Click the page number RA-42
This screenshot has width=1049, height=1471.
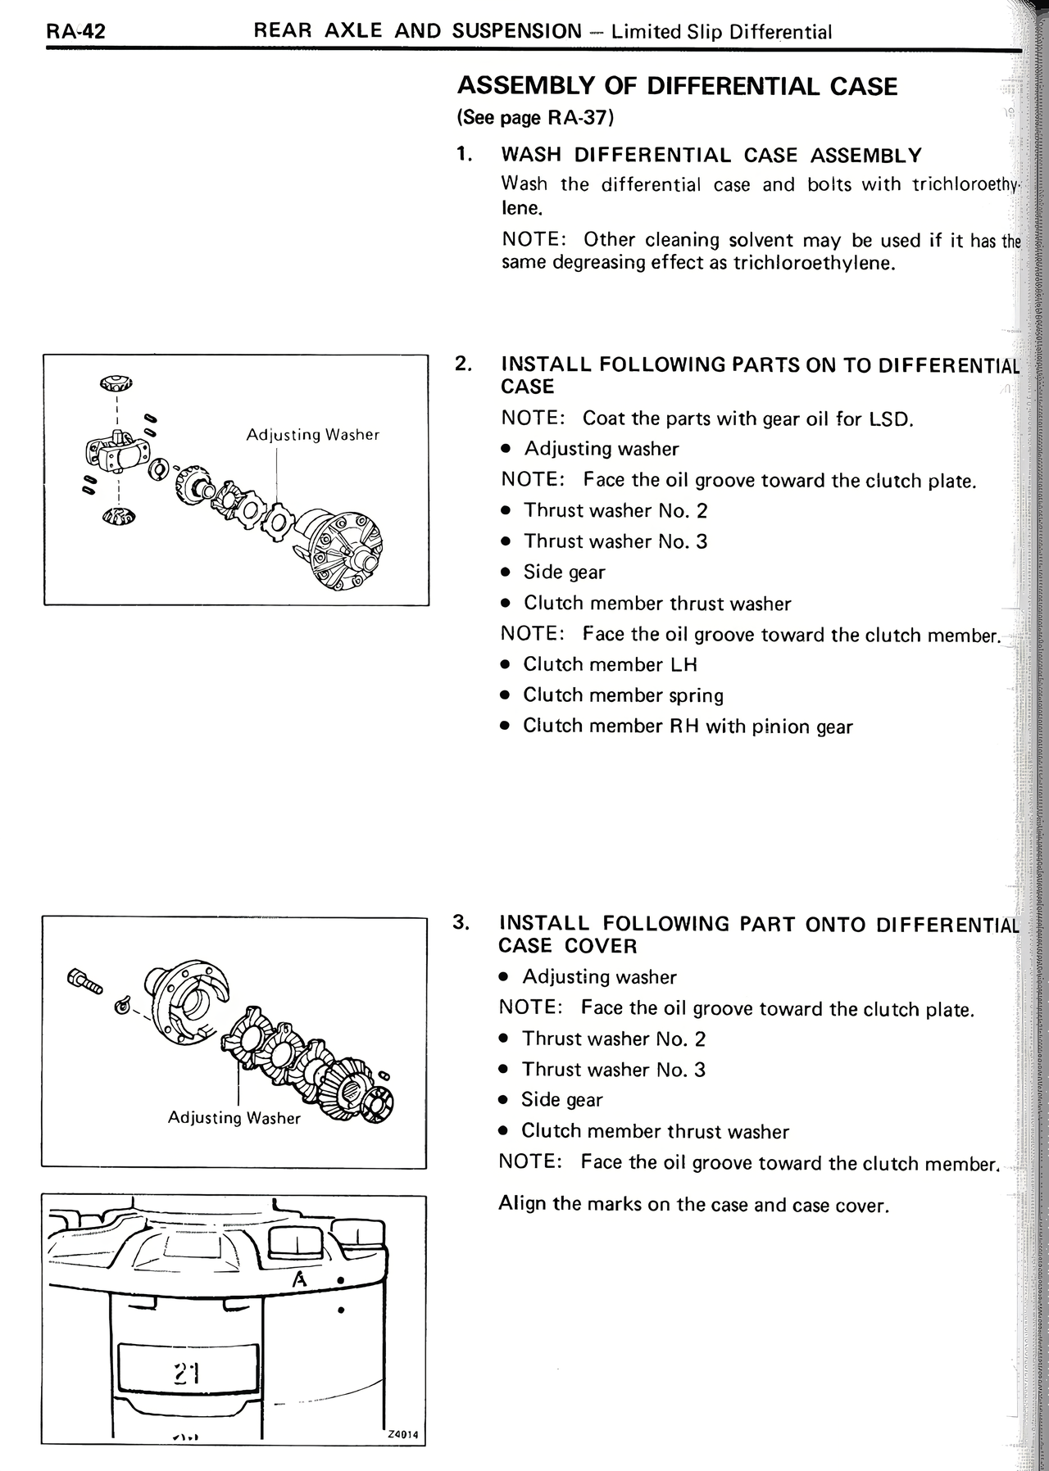pyautogui.click(x=75, y=32)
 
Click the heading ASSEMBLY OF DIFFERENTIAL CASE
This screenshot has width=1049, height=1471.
pyautogui.click(x=677, y=86)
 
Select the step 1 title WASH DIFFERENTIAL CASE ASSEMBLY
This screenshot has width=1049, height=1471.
pyautogui.click(x=711, y=156)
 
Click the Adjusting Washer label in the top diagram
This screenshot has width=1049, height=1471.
pyautogui.click(x=312, y=435)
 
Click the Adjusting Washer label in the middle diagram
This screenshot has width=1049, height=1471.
pyautogui.click(x=234, y=1118)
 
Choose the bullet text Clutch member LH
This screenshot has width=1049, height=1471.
pyautogui.click(x=610, y=664)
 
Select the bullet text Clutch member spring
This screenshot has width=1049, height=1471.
pyautogui.click(x=623, y=695)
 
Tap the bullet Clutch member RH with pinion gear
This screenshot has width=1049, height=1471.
pyautogui.click(x=688, y=726)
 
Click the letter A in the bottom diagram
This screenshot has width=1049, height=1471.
pyautogui.click(x=300, y=1279)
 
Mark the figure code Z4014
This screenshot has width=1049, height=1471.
pyautogui.click(x=402, y=1434)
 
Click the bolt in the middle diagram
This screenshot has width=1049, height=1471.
pyautogui.click(x=84, y=980)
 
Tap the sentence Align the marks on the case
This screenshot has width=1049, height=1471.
pyautogui.click(x=693, y=1205)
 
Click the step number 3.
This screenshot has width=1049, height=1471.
pyautogui.click(x=461, y=923)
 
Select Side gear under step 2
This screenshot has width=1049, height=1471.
pyautogui.click(x=564, y=573)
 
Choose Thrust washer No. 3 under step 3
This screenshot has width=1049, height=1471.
pyautogui.click(x=613, y=1070)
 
